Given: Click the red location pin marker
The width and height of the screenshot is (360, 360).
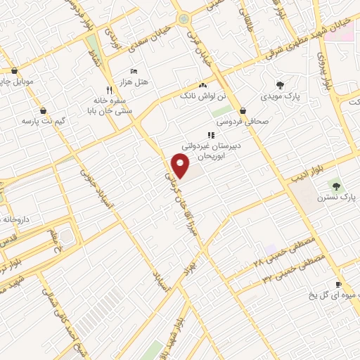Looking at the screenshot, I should click(181, 166).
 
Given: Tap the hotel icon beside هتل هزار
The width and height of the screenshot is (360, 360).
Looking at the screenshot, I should click(134, 72).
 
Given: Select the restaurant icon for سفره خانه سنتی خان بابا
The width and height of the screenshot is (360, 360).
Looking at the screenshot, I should click(108, 90).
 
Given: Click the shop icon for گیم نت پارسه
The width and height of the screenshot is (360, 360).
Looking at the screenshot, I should click(44, 110).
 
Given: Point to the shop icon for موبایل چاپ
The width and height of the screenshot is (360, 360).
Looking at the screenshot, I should click(14, 70).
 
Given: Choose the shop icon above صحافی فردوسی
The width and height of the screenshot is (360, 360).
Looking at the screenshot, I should click(243, 110).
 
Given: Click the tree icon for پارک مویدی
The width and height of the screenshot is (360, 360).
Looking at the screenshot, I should click(280, 84).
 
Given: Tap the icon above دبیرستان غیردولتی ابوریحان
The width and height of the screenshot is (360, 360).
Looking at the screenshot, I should click(209, 135).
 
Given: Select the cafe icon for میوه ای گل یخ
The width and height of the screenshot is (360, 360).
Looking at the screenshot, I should click(338, 284).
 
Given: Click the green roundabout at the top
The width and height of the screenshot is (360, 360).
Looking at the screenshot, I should click(184, 19).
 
